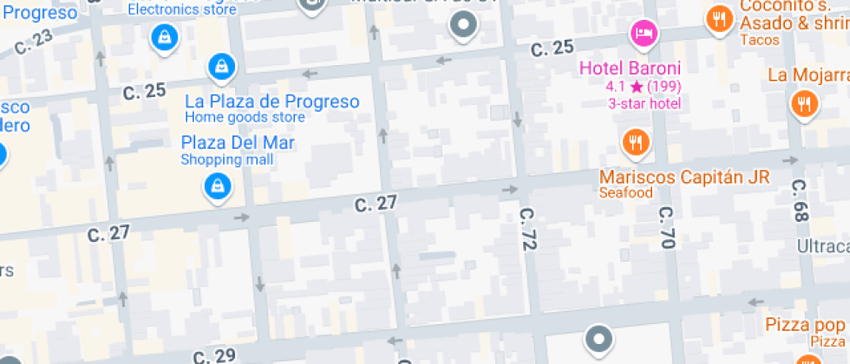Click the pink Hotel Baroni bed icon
tap(644, 34)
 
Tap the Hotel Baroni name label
tap(630, 68)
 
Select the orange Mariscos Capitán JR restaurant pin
tap(637, 141)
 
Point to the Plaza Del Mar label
tap(238, 143)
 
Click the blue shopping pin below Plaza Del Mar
tap(215, 185)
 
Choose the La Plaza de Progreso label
tap(271, 101)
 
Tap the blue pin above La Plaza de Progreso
tap(222, 66)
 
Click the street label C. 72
tap(526, 230)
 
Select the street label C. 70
tap(666, 227)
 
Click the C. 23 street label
tap(33, 41)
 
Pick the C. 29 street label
tap(213, 355)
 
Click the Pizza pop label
tap(804, 325)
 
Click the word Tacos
tap(757, 40)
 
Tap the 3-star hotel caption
tap(644, 103)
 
